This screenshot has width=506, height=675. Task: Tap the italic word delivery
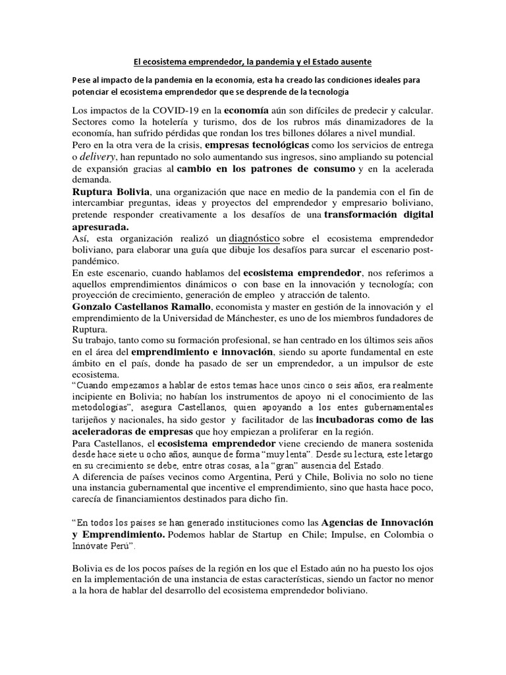tap(99, 157)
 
